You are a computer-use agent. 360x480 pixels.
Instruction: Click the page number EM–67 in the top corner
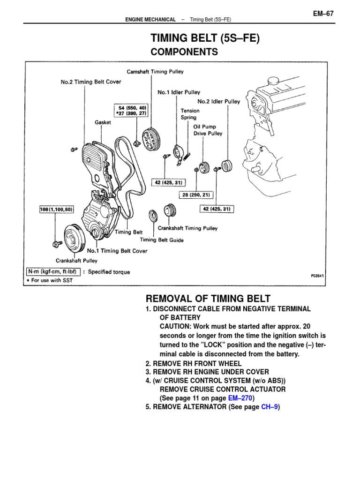coord(323,14)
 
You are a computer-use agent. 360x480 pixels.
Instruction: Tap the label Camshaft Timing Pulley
coord(155,72)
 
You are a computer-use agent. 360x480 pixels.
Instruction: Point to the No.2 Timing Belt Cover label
coord(91,82)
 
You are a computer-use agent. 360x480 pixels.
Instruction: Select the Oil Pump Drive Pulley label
coord(208,130)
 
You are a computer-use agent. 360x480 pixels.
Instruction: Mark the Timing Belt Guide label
coord(162,240)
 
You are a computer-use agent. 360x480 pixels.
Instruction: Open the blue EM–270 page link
coord(240,398)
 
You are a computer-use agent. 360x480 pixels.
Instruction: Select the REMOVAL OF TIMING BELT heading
coord(208,299)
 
